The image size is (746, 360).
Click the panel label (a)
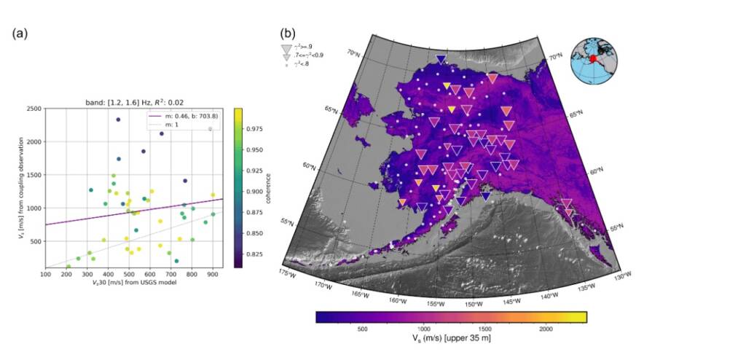pyautogui.click(x=20, y=34)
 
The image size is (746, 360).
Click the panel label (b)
pyautogui.click(x=288, y=33)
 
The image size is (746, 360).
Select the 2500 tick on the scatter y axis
pyautogui.click(x=33, y=109)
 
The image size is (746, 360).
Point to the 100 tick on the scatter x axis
pyautogui.click(x=45, y=275)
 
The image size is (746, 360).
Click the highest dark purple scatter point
pyautogui.click(x=118, y=120)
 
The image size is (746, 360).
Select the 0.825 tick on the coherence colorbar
pyautogui.click(x=258, y=254)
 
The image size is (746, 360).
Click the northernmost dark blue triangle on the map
pyautogui.click(x=440, y=59)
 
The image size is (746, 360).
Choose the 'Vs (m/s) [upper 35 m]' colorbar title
pyautogui.click(x=452, y=340)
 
